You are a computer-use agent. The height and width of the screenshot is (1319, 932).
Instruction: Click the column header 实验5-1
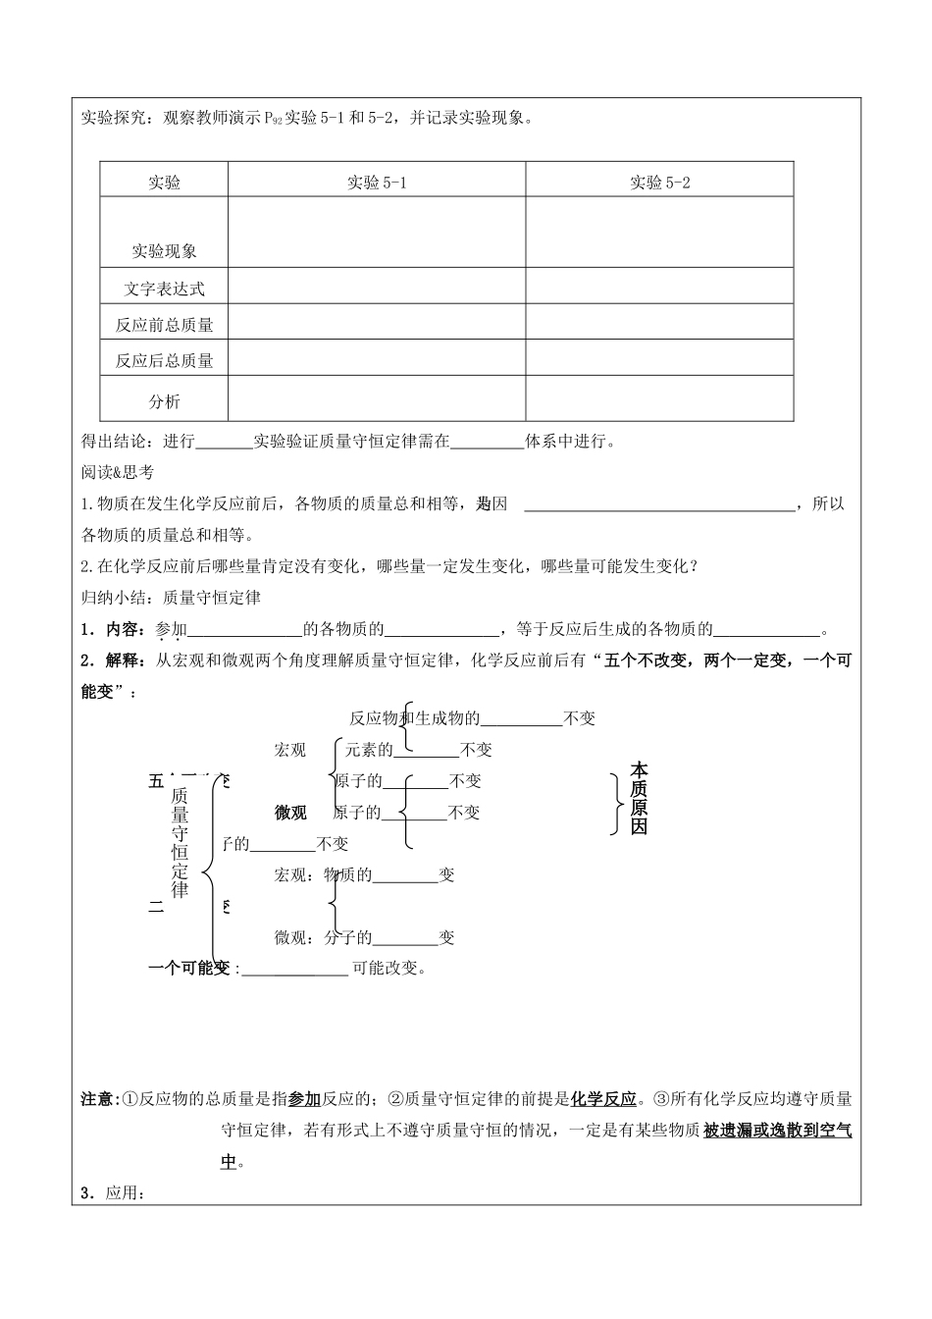[377, 183]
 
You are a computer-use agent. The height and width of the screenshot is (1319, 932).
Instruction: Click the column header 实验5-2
[659, 183]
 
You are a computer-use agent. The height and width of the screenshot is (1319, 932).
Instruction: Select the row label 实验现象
[164, 251]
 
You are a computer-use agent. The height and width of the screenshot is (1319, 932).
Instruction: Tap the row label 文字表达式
[164, 289]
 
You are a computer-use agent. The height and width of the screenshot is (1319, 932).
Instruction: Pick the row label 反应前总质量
[164, 325]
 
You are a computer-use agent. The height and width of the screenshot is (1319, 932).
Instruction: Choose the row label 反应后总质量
[164, 361]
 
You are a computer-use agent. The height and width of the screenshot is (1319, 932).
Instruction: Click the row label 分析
[164, 401]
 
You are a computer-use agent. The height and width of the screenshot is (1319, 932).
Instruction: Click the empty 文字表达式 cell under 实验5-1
[377, 287]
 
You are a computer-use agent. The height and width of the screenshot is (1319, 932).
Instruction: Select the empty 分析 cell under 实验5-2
[659, 398]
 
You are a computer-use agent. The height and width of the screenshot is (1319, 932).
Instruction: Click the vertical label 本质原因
[639, 797]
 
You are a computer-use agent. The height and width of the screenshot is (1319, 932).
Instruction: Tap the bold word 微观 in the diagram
[290, 813]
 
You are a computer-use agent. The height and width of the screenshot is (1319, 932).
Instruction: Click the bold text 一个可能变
[188, 968]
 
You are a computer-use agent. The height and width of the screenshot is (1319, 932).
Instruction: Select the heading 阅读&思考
[117, 472]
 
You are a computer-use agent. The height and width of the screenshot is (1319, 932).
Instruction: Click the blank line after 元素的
[426, 752]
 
